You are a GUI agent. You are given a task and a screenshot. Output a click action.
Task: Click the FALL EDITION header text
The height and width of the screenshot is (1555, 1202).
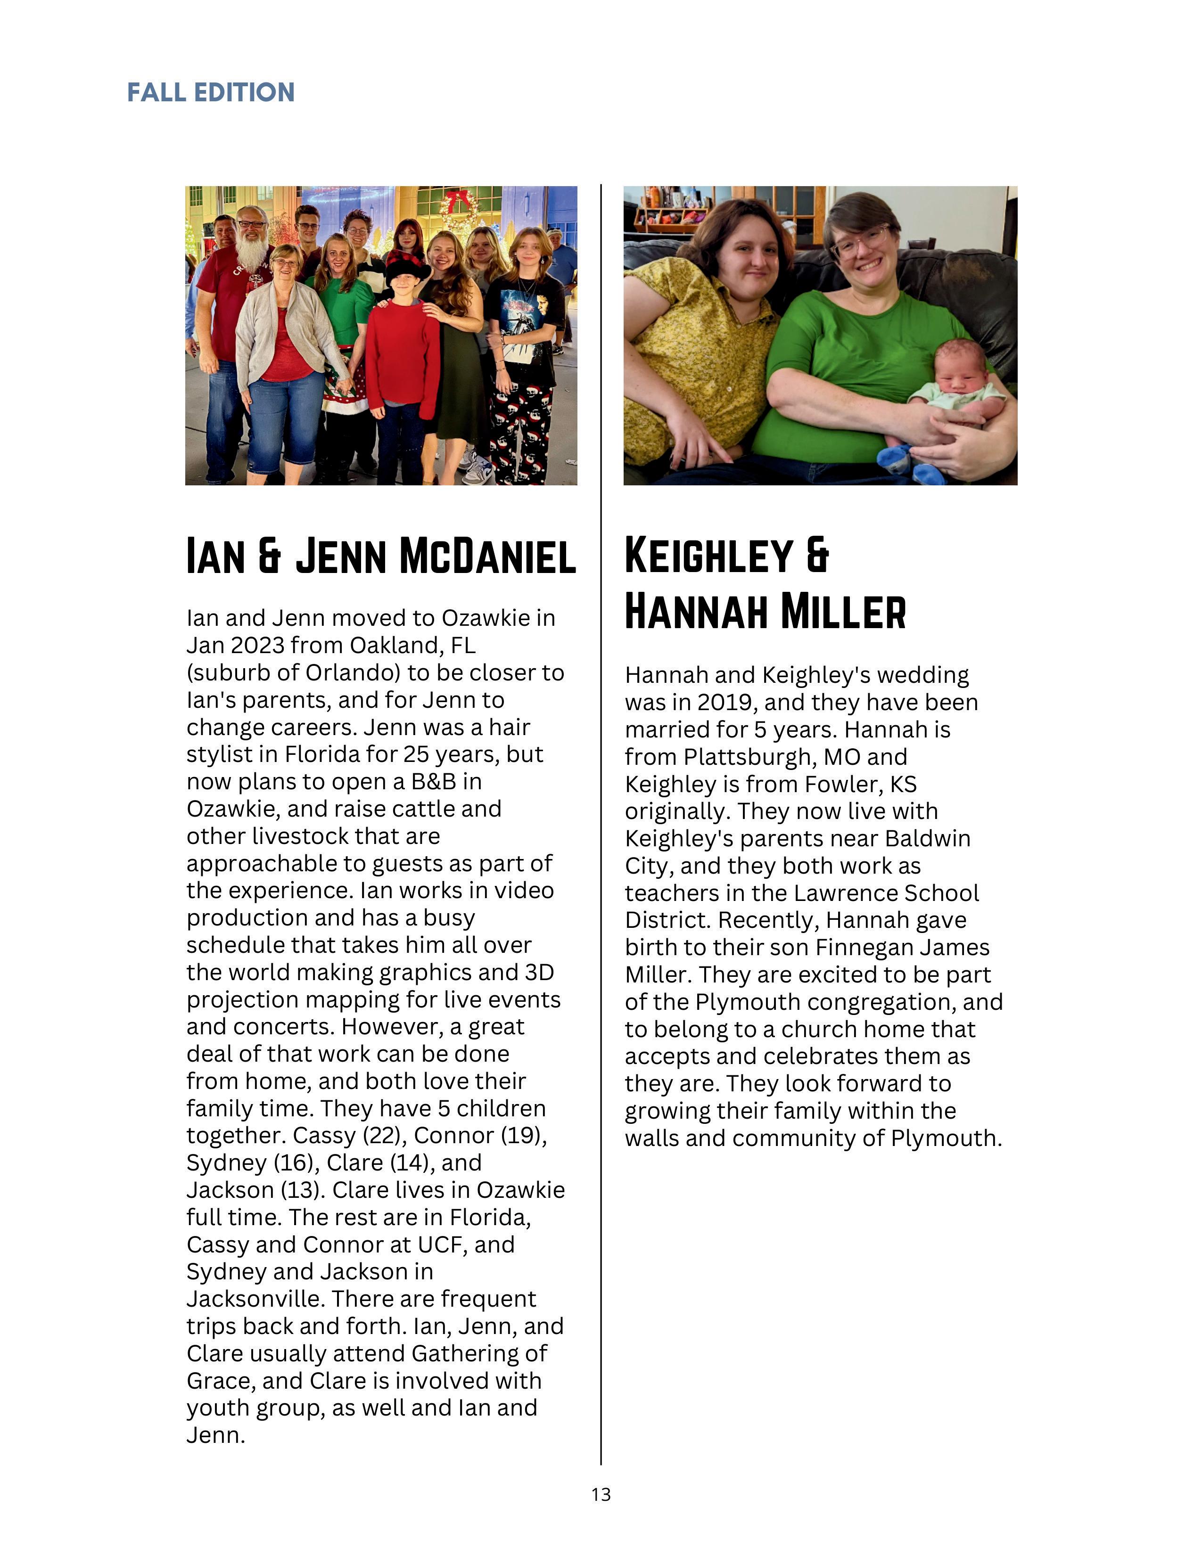pos(211,92)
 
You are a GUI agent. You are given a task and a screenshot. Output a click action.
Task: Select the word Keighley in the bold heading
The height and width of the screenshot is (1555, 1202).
pos(708,556)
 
